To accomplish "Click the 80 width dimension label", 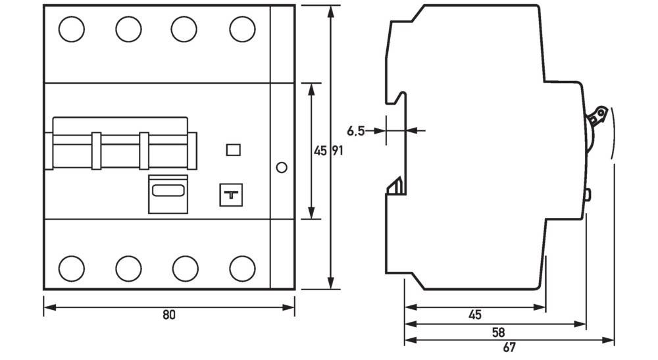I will [x=169, y=315].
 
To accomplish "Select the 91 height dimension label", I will [x=336, y=151].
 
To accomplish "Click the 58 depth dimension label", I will [x=497, y=332].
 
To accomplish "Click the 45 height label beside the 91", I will [x=320, y=151].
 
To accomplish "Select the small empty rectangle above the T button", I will [x=232, y=150].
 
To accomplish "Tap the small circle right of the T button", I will [x=282, y=167].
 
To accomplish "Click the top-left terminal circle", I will [x=72, y=28].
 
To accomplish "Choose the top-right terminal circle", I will [x=242, y=28].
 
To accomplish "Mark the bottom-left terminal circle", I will [x=72, y=268].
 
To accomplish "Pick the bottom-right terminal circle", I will [x=242, y=268].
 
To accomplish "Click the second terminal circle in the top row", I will [x=128, y=28].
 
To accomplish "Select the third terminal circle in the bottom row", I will [x=185, y=268].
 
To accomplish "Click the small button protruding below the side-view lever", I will [x=588, y=195].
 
